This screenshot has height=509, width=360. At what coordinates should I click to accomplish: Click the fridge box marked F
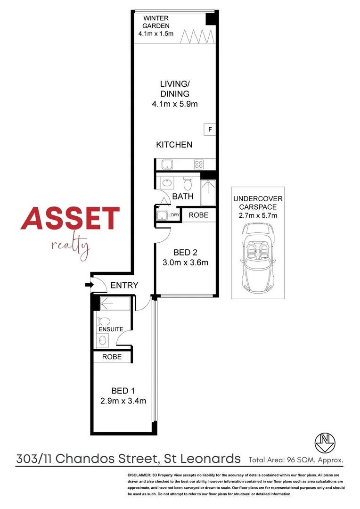(x=210, y=129)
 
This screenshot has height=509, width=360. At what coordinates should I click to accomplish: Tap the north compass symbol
(x=324, y=441)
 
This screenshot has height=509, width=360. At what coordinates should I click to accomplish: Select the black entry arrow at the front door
(x=88, y=285)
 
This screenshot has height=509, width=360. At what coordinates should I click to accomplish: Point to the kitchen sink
(x=167, y=164)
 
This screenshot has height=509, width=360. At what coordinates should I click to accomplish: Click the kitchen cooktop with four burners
(x=199, y=164)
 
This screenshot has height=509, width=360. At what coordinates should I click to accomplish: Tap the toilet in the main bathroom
(x=187, y=183)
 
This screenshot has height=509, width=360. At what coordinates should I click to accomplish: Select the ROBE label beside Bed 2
(x=199, y=215)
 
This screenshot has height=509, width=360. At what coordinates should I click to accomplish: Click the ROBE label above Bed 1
(x=112, y=357)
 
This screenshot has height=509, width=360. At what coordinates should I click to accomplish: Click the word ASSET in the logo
(x=70, y=219)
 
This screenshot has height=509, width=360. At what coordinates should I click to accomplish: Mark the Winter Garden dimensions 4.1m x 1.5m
(x=156, y=34)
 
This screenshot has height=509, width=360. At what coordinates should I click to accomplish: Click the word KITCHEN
(x=174, y=145)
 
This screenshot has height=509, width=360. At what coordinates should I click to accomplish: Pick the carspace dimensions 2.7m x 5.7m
(x=258, y=215)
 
